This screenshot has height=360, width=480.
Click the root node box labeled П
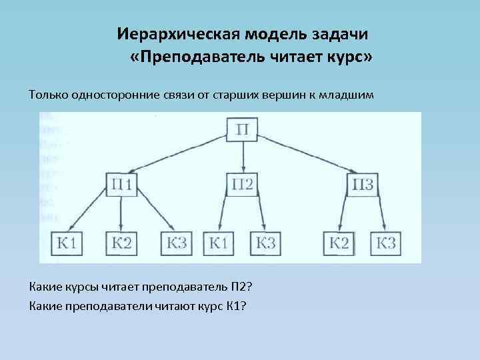(x=243, y=128)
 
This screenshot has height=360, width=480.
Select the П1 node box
(x=120, y=183)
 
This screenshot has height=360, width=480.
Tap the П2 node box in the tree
(x=243, y=183)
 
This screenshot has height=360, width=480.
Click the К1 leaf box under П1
(x=65, y=243)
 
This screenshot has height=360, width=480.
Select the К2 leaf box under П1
(x=120, y=243)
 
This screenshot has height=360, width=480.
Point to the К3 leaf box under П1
(x=175, y=243)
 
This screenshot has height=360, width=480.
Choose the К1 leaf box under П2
(x=219, y=243)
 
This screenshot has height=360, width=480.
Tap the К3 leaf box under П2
(x=265, y=243)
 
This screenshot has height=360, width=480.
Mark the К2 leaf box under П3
(x=339, y=243)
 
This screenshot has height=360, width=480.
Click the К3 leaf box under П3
(x=386, y=243)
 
